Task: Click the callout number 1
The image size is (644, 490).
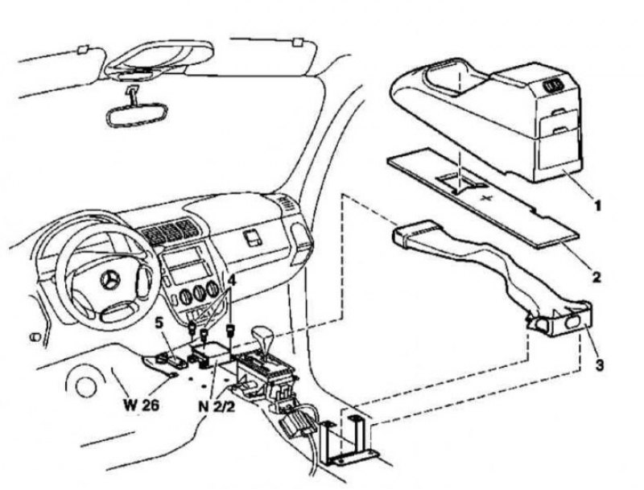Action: [x=597, y=206]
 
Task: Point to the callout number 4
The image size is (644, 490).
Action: [x=232, y=281]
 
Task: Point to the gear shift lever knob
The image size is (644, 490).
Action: [x=262, y=333]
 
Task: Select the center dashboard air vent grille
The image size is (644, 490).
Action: [x=169, y=232]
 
